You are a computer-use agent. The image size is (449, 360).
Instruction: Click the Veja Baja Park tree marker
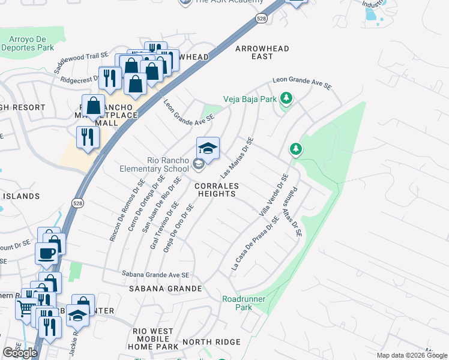[x=286, y=98]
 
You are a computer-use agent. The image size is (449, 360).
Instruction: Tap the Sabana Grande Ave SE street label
[x=155, y=274]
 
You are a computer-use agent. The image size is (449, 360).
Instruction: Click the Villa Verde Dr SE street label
[x=274, y=196]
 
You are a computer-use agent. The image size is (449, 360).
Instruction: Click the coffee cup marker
[x=46, y=253]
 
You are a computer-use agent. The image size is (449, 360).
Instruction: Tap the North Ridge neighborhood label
[x=211, y=342]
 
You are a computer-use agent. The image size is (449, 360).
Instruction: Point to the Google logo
[x=20, y=352]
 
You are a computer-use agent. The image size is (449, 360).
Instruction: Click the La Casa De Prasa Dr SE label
[x=255, y=244]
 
